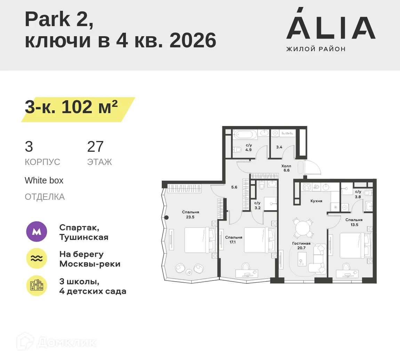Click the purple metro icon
[37, 231]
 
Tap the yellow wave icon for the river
[37, 258]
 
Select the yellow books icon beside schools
[37, 286]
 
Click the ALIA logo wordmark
[331, 28]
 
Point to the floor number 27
[95, 147]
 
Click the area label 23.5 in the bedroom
[190, 217]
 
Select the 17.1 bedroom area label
[233, 242]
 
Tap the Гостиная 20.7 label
[301, 246]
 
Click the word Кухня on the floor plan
[316, 201]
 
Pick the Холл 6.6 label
[286, 168]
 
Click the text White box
[44, 181]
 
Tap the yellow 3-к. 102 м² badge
[71, 108]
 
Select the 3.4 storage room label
[279, 147]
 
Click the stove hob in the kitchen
[306, 187]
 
